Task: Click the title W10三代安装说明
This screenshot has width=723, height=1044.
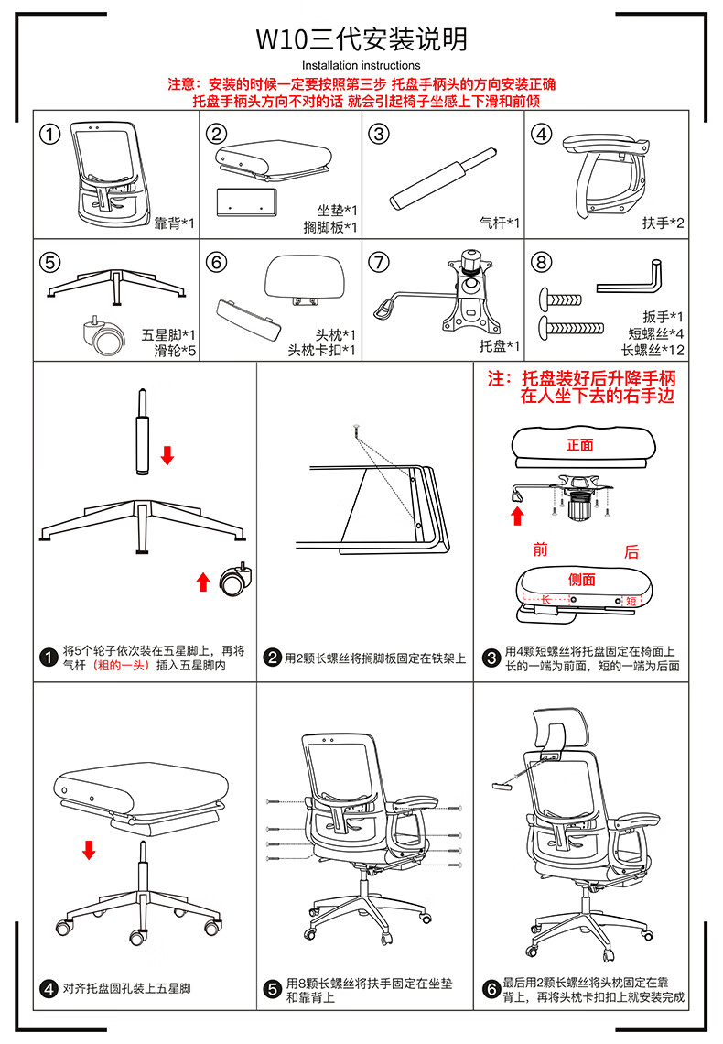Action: [x=361, y=39]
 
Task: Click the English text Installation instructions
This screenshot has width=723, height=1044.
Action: [x=361, y=65]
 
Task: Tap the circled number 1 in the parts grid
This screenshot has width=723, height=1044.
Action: [x=50, y=134]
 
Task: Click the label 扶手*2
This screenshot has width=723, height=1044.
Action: [x=663, y=223]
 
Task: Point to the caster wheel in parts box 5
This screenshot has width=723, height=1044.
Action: [x=103, y=335]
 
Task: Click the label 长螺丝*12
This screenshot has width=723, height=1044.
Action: [x=653, y=350]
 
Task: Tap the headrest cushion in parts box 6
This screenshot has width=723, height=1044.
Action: [x=306, y=277]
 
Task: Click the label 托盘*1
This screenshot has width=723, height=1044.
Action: [x=499, y=345]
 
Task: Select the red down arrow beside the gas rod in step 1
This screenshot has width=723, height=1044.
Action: [x=167, y=455]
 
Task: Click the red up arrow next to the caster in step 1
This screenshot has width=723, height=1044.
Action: [x=203, y=582]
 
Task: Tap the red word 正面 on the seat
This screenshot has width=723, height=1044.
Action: [x=580, y=445]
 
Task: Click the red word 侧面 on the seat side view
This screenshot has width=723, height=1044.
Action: [x=582, y=580]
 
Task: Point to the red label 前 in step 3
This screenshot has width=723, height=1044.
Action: [x=540, y=549]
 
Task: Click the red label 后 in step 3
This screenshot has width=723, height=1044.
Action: [x=631, y=551]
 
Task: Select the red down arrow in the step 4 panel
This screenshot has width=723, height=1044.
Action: [x=89, y=850]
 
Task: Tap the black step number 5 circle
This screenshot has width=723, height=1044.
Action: [x=272, y=989]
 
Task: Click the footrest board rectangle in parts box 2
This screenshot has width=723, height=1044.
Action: [x=246, y=201]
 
